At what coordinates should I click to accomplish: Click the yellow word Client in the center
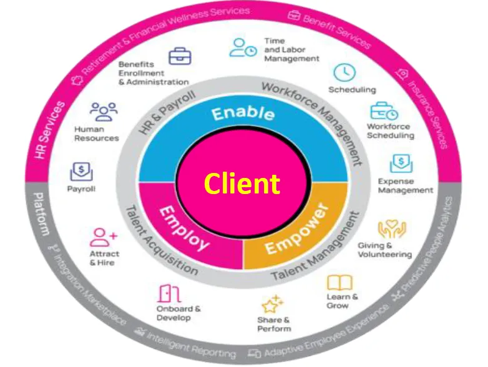pyautogui.click(x=242, y=183)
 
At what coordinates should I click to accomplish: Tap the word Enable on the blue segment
pyautogui.click(x=243, y=114)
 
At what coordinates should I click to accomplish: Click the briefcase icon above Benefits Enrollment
pyautogui.click(x=181, y=56)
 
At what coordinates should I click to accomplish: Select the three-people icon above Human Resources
pyautogui.click(x=103, y=111)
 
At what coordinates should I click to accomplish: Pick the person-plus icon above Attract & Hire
pyautogui.click(x=103, y=237)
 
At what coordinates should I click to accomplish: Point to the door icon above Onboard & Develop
pyautogui.click(x=166, y=292)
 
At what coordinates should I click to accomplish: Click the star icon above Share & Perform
pyautogui.click(x=272, y=304)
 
